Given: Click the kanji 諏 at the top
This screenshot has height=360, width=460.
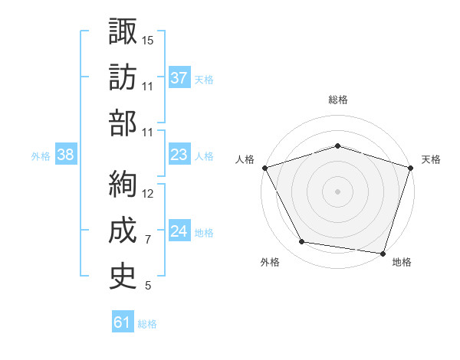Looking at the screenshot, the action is tap(123, 31).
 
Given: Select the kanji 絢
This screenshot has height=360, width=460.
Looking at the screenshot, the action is tap(123, 184).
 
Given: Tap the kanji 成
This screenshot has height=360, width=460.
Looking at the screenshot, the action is tap(123, 230).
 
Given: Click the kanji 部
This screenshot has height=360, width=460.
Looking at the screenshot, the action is tap(123, 123).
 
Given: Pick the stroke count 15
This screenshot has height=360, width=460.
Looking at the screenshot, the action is tap(147, 41).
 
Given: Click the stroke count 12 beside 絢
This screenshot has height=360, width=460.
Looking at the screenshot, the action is tap(147, 194).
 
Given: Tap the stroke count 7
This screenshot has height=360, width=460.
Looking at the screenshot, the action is tap(148, 240).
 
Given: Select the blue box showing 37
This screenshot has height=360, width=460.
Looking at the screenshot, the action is tap(179, 77).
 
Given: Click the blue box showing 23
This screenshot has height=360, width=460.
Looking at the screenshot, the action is tap(179, 154).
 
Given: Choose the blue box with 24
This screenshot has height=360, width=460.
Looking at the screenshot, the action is tap(179, 230).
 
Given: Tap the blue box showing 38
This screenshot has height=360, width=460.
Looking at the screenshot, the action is tap(66, 154).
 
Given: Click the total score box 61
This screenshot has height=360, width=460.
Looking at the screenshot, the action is tap(123, 321).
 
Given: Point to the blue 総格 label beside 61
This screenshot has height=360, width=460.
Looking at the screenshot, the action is tap(147, 324).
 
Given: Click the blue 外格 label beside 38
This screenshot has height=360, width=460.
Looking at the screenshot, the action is tap(41, 156).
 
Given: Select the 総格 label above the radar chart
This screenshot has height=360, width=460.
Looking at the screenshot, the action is tap(338, 100).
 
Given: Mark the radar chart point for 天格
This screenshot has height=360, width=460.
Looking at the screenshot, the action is tap(411, 168).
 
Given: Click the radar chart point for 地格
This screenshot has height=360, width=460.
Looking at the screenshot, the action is tap(383, 254).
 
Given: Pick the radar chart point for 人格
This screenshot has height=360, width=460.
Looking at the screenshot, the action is tap(265, 168).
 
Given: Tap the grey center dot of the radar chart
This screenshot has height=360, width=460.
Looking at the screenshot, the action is tap(337, 191).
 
